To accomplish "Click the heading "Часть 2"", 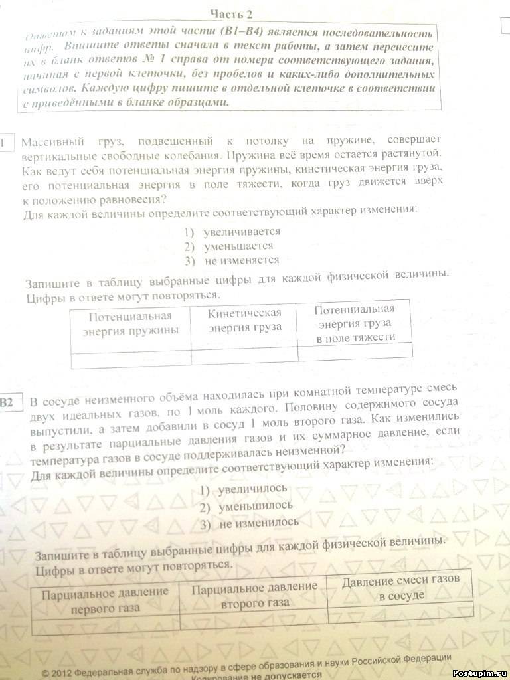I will (x=231, y=13).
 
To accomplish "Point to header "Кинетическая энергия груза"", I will (x=244, y=319).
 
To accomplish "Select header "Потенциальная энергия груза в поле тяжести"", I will (x=355, y=323).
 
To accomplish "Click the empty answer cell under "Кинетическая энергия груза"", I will (x=244, y=355).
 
